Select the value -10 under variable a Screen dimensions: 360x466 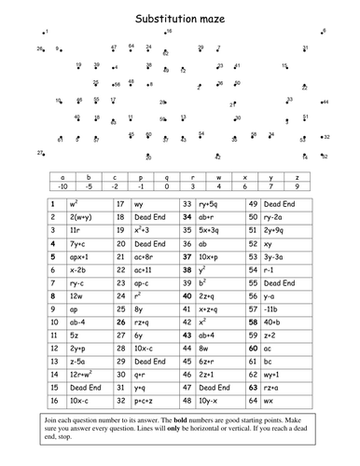[62, 185]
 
